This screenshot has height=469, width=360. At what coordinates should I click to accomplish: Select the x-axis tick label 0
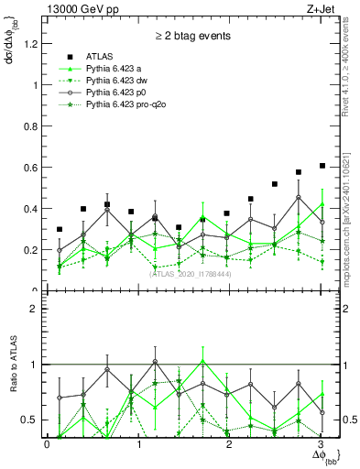tap(47, 445)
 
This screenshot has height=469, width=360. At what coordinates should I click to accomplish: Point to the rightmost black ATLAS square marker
tap(322, 166)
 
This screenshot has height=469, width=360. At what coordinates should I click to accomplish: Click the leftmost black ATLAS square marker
tap(60, 229)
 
